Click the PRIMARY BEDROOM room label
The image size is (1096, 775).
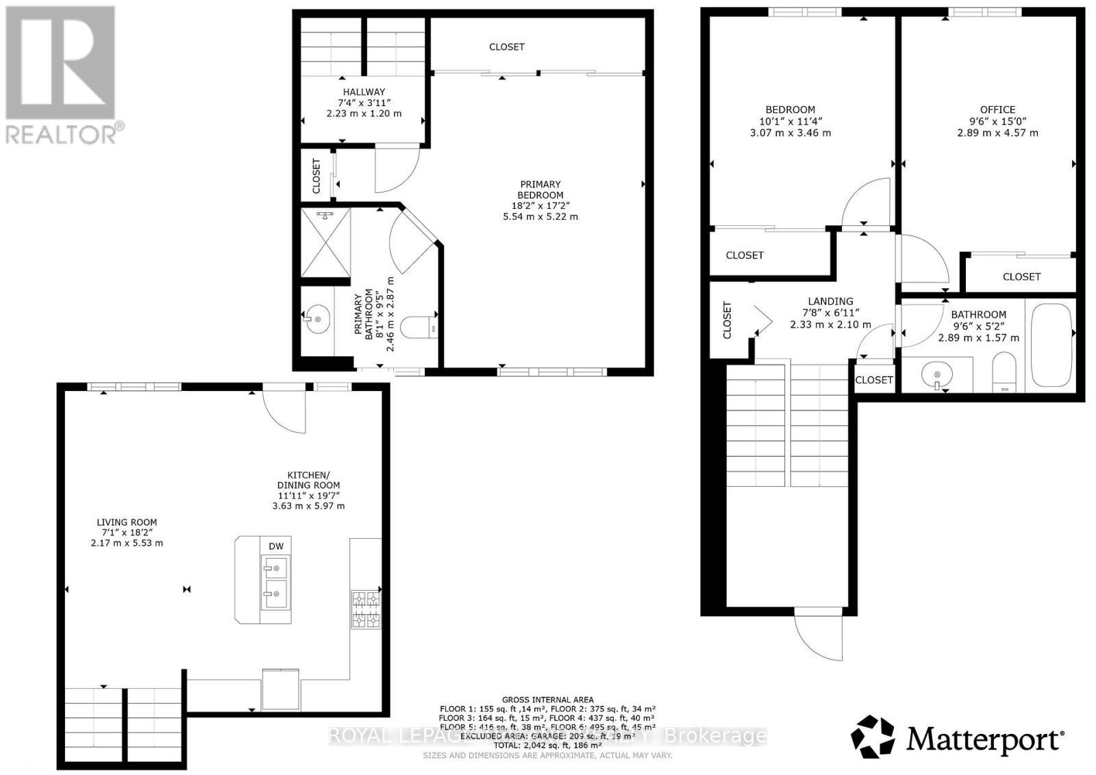pyautogui.click(x=540, y=190)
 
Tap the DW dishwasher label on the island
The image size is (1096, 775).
pyautogui.click(x=275, y=546)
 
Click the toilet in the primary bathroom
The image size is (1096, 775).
pyautogui.click(x=419, y=328)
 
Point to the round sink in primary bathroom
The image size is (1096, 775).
pyautogui.click(x=317, y=318)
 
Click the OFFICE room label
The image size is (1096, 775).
pyautogui.click(x=997, y=110)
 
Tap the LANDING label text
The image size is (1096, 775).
pyautogui.click(x=830, y=301)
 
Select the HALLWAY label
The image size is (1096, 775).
pyautogui.click(x=364, y=92)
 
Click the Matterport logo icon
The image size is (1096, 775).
pyautogui.click(x=873, y=737)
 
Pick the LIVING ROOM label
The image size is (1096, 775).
pyautogui.click(x=127, y=522)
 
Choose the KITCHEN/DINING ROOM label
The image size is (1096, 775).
pyautogui.click(x=308, y=480)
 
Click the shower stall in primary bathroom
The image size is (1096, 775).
pyautogui.click(x=325, y=242)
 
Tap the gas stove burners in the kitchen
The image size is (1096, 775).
pyautogui.click(x=365, y=609)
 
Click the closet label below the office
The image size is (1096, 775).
pyautogui.click(x=1021, y=277)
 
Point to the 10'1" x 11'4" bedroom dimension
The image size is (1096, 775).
pyautogui.click(x=790, y=121)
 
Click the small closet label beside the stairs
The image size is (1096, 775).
pyautogui.click(x=874, y=380)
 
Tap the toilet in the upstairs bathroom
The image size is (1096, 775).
pyautogui.click(x=1004, y=372)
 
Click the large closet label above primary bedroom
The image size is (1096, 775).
pyautogui.click(x=506, y=47)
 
